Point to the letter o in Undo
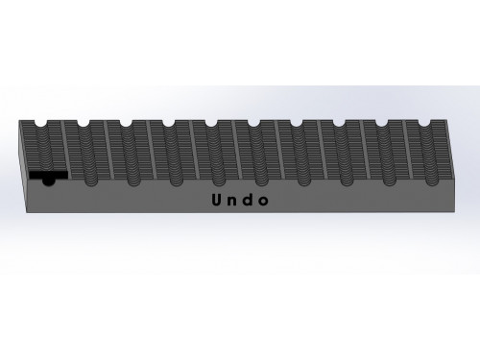tap(263, 203)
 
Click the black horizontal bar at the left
tap(46, 176)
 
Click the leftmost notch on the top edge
tap(39, 124)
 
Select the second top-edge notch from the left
tap(83, 124)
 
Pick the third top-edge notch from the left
tap(126, 124)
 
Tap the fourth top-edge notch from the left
tap(168, 124)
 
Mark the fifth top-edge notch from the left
tap(211, 124)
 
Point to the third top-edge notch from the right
tap(340, 124)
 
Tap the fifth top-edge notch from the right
tap(253, 124)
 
